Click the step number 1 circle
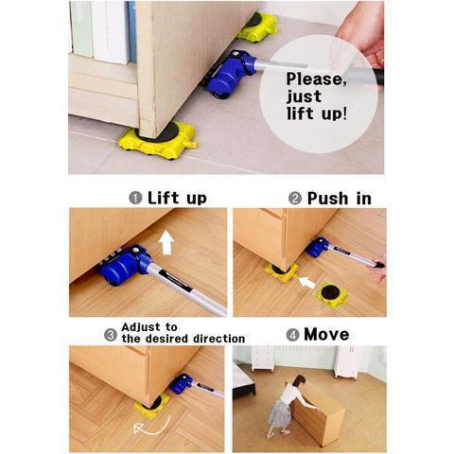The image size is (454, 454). [135, 198]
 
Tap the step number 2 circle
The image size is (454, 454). [295, 199]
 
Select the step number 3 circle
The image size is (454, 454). [111, 335]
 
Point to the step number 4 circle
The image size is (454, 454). [292, 335]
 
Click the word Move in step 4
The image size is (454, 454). [326, 334]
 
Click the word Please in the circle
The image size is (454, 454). [316, 79]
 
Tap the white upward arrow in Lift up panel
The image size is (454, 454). [166, 242]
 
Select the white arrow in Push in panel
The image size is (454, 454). [306, 282]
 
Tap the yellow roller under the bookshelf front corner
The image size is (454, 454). [158, 140]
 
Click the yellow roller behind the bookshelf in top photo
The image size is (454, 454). [257, 26]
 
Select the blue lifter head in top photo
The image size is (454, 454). [230, 75]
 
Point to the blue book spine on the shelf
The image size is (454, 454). [131, 31]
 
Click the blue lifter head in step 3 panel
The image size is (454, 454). [182, 383]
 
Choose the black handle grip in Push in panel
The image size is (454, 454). [377, 263]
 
